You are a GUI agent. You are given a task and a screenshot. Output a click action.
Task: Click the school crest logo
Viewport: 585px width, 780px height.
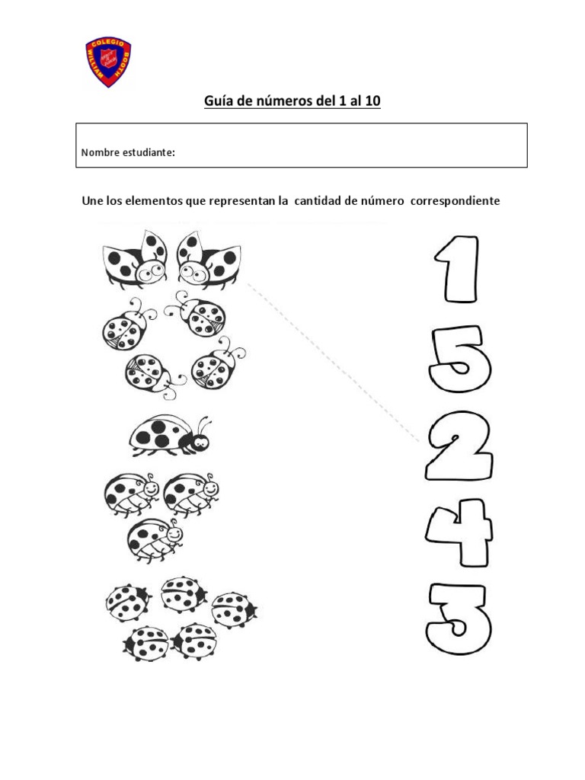[x=107, y=61]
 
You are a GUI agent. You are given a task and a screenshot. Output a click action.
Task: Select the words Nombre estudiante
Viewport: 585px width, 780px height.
[x=128, y=153]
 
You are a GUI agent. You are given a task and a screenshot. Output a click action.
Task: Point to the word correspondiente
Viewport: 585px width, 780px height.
[x=455, y=201]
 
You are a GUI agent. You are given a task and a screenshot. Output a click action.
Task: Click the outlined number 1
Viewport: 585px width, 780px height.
[x=457, y=269]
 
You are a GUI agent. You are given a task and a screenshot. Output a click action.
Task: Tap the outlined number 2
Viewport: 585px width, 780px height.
[x=458, y=446]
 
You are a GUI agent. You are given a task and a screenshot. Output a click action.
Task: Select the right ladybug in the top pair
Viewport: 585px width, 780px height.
[x=208, y=258]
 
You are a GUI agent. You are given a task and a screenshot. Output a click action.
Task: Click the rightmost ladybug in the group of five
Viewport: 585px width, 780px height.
[x=233, y=609]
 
